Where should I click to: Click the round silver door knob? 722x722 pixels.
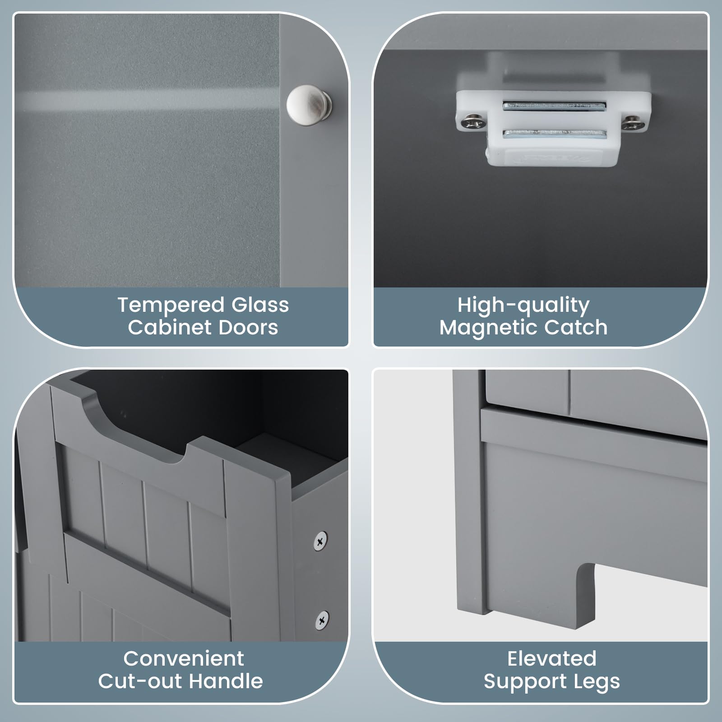[x=310, y=106]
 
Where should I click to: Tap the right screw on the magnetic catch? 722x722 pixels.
[x=632, y=122]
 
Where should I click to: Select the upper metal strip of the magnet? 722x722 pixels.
[x=554, y=106]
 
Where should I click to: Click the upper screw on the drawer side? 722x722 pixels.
[x=320, y=540]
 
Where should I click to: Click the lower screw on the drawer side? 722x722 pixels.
[x=322, y=620]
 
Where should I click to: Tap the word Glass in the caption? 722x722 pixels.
[x=260, y=305]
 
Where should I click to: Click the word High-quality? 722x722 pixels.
[x=523, y=306]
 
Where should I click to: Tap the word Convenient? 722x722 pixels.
[x=184, y=659]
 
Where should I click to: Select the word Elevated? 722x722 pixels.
[x=552, y=659]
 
